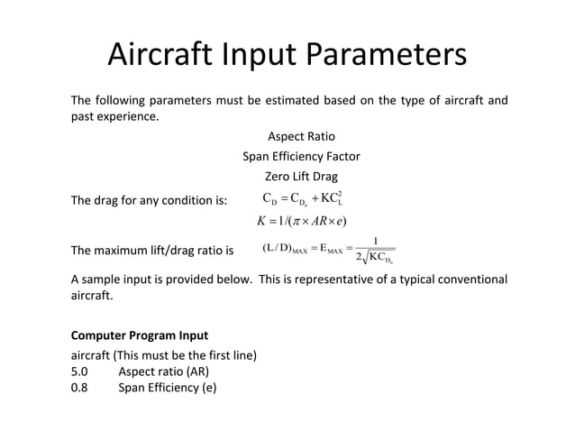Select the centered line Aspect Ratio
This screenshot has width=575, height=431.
pos(301,136)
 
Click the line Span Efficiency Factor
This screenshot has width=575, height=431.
pos(301,156)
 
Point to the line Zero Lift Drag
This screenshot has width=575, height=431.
pos(301,177)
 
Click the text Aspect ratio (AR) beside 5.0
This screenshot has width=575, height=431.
pos(166,373)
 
